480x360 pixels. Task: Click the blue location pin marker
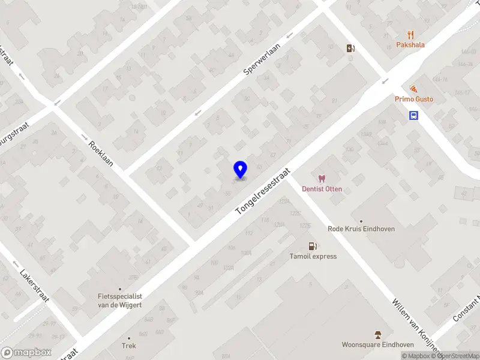point(241,170)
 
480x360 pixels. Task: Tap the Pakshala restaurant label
point(410,44)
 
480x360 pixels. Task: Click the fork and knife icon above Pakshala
point(410,35)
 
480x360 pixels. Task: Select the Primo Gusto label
point(413,99)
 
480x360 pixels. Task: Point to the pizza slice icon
point(413,89)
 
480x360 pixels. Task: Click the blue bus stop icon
point(414,116)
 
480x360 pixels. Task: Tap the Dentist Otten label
point(322,189)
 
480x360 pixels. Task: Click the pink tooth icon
point(322,179)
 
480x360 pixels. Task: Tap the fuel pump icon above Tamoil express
point(312,245)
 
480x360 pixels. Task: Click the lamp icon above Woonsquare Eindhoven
point(378,334)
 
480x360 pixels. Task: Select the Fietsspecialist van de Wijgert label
point(120,300)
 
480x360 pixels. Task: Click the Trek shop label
point(129,346)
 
